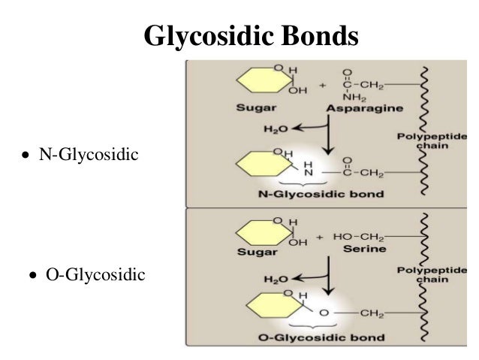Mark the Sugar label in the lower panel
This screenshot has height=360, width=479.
pyautogui.click(x=257, y=253)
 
